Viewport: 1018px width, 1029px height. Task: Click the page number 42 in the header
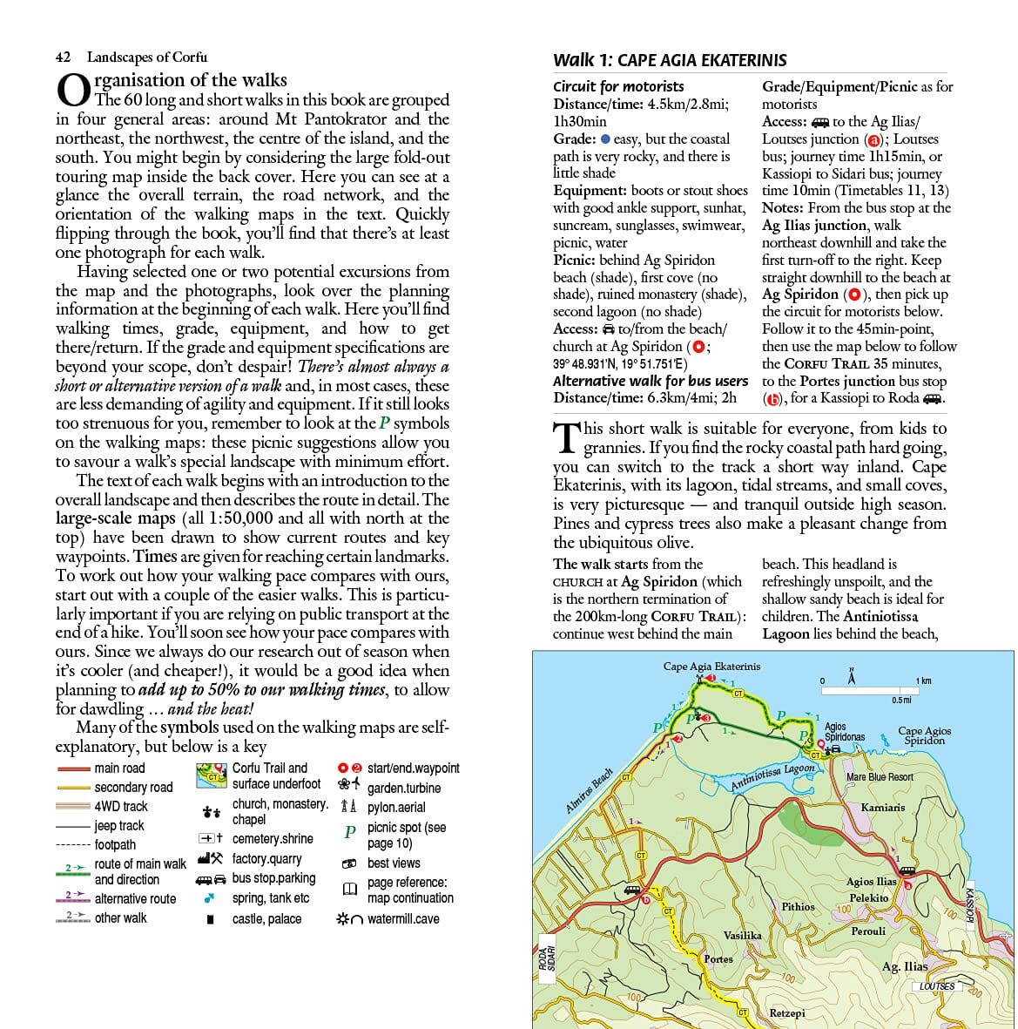pos(63,58)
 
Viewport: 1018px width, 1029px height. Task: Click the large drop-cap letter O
pos(73,91)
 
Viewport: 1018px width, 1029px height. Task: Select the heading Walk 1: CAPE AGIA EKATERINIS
pos(670,60)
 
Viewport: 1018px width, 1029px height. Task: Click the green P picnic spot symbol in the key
pos(349,832)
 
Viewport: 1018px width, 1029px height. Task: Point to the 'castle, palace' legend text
pos(266,918)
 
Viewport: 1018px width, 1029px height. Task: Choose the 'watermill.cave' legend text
pos(403,918)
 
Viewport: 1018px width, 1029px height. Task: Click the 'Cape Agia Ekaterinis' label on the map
pos(711,667)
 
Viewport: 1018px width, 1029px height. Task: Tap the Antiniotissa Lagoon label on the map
pos(772,775)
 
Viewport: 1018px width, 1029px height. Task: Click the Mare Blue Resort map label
pos(880,776)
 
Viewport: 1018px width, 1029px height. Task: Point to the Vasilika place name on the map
pos(742,935)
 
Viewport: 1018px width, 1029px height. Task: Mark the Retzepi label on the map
pos(787,1013)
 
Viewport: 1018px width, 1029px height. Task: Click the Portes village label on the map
pos(718,958)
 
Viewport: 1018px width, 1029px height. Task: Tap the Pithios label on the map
pos(798,906)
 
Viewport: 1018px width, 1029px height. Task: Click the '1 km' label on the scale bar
pos(923,680)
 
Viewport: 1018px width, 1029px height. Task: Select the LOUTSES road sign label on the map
pos(937,986)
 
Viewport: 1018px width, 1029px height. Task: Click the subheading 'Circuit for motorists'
pos(618,86)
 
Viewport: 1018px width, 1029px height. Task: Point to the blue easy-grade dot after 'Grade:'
pos(605,139)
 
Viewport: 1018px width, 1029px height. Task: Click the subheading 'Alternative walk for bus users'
pos(651,381)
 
